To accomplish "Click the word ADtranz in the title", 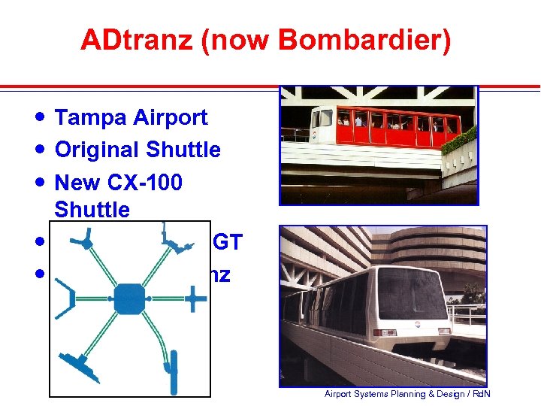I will (139, 41).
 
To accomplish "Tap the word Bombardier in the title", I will (365, 41).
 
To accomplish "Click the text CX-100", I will (143, 183).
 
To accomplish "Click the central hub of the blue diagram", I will (129, 298).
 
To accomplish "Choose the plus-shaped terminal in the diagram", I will (195, 298).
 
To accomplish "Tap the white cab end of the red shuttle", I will (322, 124).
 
